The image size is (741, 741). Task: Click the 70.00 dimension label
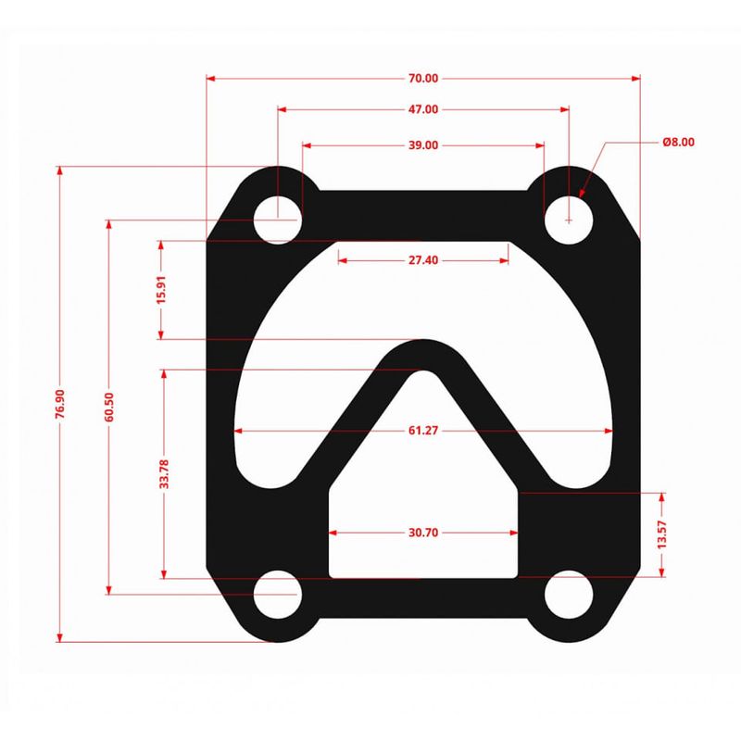pyautogui.click(x=423, y=78)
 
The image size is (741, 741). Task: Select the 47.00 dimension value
pyautogui.click(x=423, y=109)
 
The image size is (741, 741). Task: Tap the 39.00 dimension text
pyautogui.click(x=423, y=145)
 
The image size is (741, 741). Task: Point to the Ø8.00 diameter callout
pyautogui.click(x=678, y=142)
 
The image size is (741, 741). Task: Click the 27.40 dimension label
pyautogui.click(x=423, y=260)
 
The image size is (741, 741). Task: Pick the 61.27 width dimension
pyautogui.click(x=423, y=431)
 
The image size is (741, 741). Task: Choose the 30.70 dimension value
pyautogui.click(x=423, y=534)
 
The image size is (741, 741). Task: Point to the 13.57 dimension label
pyautogui.click(x=661, y=534)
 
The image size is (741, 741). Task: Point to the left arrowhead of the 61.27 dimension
pyautogui.click(x=239, y=431)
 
